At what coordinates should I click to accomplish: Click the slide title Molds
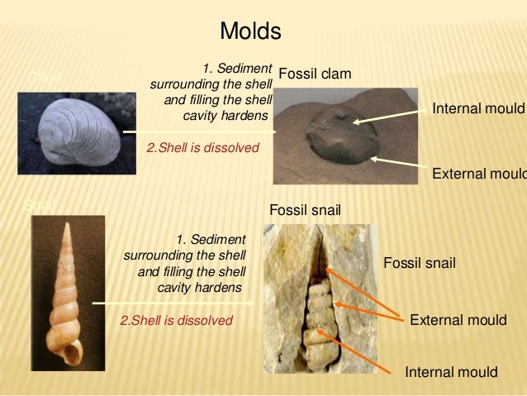[250, 32]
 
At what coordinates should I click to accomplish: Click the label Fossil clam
[315, 75]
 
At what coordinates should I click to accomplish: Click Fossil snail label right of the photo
[420, 263]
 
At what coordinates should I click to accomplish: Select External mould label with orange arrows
[458, 320]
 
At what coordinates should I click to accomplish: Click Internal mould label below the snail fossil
[451, 372]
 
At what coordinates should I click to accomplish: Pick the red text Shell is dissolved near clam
[202, 148]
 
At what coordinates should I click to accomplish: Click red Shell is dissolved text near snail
[177, 320]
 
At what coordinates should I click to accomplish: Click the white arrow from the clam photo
[198, 131]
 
